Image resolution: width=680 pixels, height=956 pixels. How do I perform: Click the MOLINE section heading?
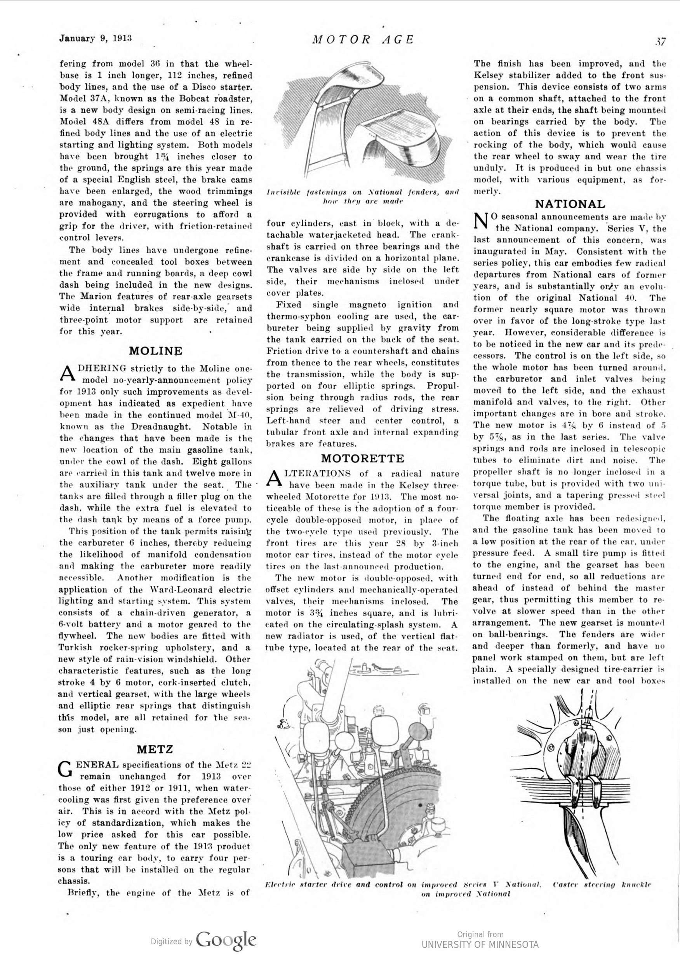[155, 351]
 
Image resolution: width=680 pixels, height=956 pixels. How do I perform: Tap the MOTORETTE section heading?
[363, 458]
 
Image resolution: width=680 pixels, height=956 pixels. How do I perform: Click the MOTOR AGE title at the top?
[363, 39]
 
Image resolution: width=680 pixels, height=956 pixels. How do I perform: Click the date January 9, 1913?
[96, 38]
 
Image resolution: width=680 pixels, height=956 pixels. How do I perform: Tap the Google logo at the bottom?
[226, 940]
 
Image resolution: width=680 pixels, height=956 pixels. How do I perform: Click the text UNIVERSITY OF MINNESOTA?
[480, 944]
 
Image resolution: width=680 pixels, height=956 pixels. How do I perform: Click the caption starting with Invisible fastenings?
[363, 197]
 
